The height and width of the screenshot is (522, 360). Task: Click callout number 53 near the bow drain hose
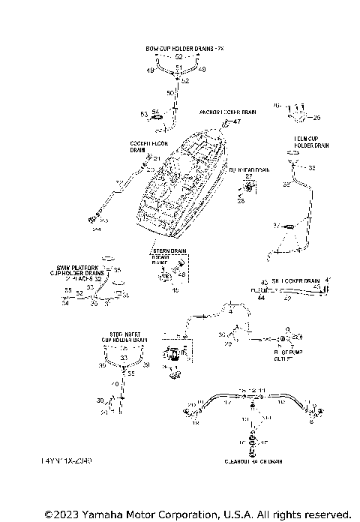point(144,114)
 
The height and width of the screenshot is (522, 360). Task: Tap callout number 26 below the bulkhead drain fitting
point(241,201)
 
